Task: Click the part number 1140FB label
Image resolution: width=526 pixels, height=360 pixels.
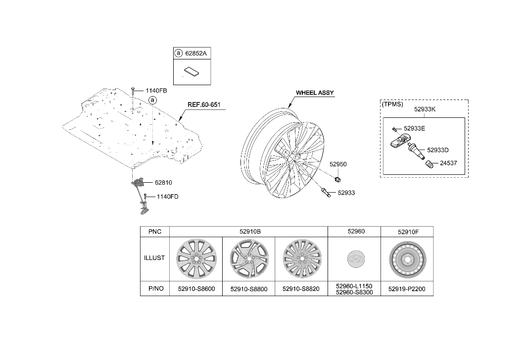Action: (x=156, y=91)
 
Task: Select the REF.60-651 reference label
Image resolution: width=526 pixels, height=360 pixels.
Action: (x=204, y=105)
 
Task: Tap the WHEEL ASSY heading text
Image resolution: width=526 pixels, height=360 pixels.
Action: (x=315, y=93)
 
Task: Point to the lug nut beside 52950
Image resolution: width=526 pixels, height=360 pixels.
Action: (x=338, y=179)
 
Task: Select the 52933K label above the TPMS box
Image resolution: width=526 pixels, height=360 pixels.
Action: (x=425, y=109)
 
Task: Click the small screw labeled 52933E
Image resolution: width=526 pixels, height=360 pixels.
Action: (x=394, y=129)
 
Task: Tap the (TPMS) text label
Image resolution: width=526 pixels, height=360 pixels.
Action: (x=392, y=104)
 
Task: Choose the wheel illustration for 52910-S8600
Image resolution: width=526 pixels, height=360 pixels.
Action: (x=196, y=259)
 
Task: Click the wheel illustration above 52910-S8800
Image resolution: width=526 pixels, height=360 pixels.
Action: (x=249, y=258)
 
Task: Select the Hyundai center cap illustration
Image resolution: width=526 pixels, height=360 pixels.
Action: (x=355, y=259)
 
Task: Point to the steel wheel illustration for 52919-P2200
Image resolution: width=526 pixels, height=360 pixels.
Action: (x=408, y=259)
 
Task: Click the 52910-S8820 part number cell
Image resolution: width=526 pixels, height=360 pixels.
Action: (x=301, y=289)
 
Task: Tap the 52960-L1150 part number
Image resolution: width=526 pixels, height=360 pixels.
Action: (x=354, y=286)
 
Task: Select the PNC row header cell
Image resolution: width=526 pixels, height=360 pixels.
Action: (x=155, y=232)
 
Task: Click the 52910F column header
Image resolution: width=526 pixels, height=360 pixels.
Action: (x=408, y=232)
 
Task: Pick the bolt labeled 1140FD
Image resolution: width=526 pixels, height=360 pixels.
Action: (x=145, y=197)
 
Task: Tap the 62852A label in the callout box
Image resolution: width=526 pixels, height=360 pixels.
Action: (x=196, y=53)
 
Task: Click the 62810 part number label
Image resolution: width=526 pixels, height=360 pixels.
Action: (x=163, y=183)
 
